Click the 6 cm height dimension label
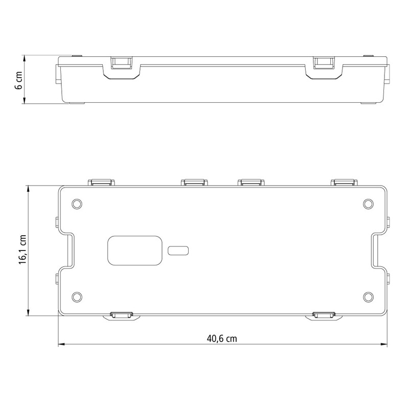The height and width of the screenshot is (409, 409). (19, 80)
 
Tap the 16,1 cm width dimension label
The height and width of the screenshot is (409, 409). (22, 249)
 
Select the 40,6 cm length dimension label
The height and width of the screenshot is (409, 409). (222, 338)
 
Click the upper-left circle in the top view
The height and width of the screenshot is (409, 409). (77, 203)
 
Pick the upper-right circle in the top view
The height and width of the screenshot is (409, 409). (368, 203)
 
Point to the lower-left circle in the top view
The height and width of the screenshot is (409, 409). (77, 297)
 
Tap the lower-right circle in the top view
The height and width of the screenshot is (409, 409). (368, 297)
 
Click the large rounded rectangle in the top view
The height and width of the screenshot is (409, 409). (135, 251)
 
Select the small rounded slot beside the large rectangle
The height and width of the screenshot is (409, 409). (178, 251)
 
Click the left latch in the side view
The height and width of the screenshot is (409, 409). (122, 63)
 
